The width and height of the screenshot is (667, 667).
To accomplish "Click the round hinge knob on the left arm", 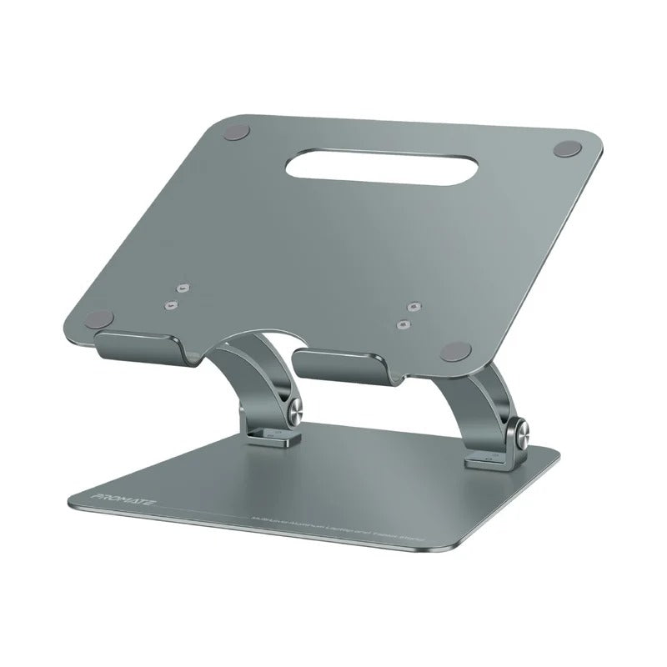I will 297,409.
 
